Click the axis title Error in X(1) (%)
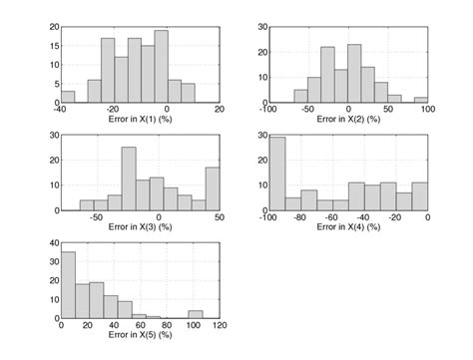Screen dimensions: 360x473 [x=140, y=119]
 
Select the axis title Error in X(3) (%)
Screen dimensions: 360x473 [x=140, y=227]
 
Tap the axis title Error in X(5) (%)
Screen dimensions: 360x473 [x=140, y=335]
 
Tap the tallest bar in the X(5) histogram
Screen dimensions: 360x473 [x=68, y=284]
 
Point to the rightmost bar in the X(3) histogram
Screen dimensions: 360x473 [x=212, y=188]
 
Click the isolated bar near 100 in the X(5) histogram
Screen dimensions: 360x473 [x=195, y=314]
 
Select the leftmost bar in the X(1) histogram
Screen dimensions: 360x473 [x=68, y=97]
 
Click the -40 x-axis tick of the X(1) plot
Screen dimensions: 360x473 [x=62, y=109]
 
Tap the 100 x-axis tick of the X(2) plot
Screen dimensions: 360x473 [x=426, y=109]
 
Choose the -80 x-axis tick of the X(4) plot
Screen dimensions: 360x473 [x=301, y=217]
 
